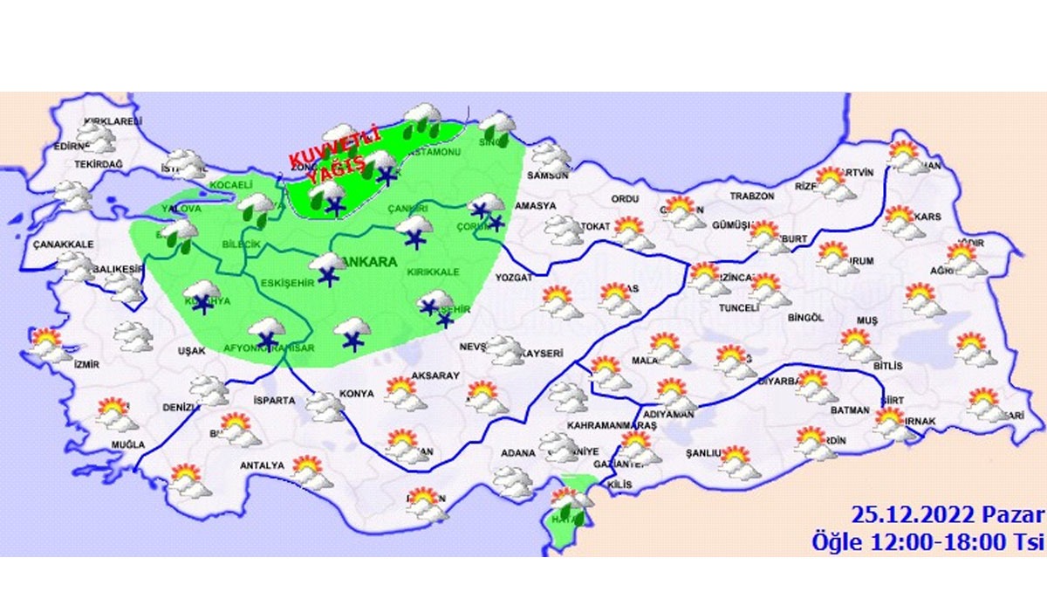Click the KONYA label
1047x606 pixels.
tap(356, 394)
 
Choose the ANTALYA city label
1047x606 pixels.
tap(263, 465)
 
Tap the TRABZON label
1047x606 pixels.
tap(752, 196)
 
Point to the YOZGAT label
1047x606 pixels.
tap(513, 277)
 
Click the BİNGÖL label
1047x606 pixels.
tap(804, 319)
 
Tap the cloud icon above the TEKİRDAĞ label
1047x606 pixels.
tap(94, 137)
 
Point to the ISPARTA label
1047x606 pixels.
tap(276, 402)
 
